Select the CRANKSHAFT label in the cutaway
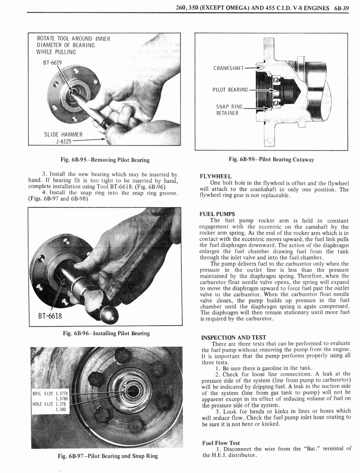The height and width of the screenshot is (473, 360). (x=228, y=68)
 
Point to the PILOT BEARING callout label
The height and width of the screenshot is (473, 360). (x=230, y=90)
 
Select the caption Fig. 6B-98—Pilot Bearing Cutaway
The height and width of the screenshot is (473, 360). (x=271, y=159)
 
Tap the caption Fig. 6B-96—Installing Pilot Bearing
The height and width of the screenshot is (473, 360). (x=106, y=333)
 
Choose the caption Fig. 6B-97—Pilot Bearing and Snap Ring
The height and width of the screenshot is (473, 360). (x=107, y=456)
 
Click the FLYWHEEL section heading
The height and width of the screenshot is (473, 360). (x=215, y=176)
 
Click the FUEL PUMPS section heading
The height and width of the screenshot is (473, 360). (x=217, y=214)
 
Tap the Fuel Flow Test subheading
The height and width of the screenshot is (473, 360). (x=221, y=443)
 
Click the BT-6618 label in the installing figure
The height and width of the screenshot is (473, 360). (x=51, y=316)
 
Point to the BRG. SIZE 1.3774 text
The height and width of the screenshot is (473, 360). (x=50, y=394)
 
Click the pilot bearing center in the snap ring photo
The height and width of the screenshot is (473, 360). (x=132, y=391)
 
